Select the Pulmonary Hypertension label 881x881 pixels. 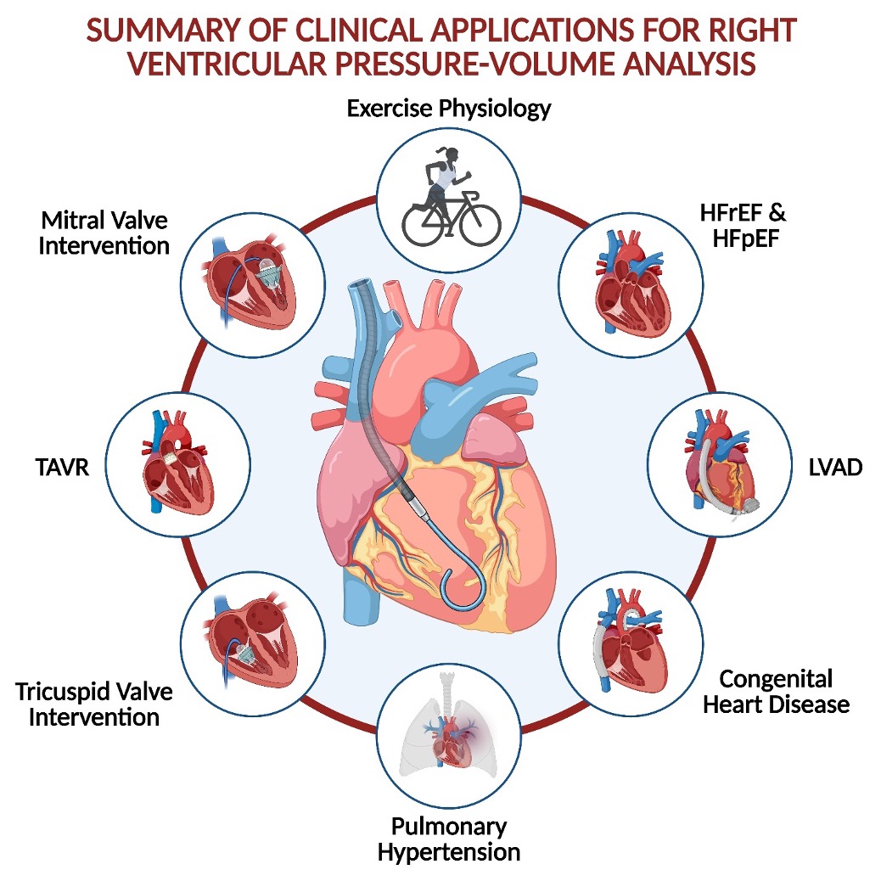(450, 838)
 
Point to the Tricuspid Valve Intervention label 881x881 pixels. (93, 704)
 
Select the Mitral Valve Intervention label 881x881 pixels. (105, 233)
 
